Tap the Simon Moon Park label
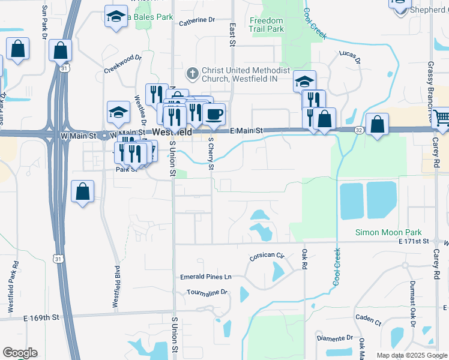[x=388, y=232]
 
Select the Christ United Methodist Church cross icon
[x=193, y=73]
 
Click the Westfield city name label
[x=172, y=131]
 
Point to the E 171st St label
[x=414, y=241]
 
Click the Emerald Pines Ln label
[x=205, y=277]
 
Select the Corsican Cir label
[x=267, y=256]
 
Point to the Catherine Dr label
[x=197, y=20]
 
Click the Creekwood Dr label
[x=122, y=64]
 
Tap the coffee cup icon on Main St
[x=214, y=113]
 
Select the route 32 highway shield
[x=358, y=130]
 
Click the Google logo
[x=20, y=353]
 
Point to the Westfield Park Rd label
[x=16, y=288]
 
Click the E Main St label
[x=247, y=130]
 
